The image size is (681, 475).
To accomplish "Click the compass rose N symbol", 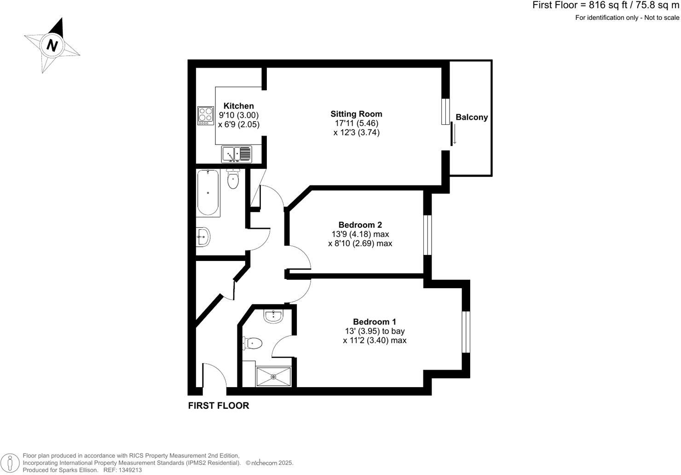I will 53,45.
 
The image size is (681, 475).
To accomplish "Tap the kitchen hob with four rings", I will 205,116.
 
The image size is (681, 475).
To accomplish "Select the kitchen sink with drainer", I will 237,154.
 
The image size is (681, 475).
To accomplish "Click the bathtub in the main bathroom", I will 208,193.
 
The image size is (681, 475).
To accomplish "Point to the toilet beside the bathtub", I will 233,179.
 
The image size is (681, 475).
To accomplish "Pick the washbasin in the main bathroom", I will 203,237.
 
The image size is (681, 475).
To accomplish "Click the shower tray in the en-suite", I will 273,377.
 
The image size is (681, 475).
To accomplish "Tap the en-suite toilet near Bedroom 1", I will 252,343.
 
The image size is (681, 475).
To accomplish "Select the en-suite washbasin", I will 273,315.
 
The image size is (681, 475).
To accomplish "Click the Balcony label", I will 472,117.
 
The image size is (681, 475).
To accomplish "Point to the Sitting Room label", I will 356,114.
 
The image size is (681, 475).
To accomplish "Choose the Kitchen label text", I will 238,106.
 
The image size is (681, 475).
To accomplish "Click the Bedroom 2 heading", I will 360,225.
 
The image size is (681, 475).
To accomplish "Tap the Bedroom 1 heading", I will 375,322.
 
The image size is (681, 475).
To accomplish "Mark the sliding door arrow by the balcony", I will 455,137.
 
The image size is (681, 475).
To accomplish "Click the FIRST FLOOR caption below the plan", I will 219,405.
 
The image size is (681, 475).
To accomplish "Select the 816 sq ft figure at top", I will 601,6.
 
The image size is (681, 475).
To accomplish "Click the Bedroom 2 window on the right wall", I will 427,235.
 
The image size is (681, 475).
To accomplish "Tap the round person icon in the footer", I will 11,463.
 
